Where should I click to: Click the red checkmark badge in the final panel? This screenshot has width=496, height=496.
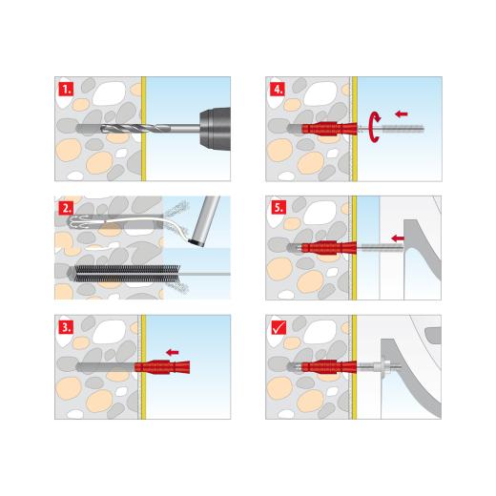277,325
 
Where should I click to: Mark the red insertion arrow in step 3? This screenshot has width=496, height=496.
173,352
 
